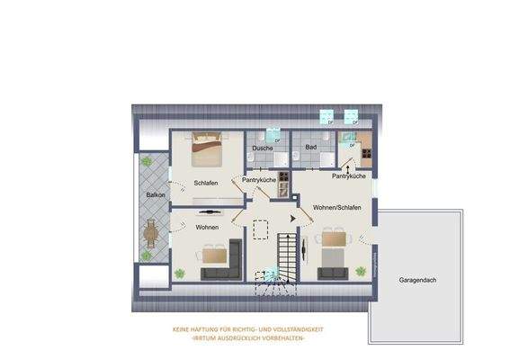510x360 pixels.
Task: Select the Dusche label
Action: pos(262,147)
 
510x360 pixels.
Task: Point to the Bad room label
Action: pos(311,147)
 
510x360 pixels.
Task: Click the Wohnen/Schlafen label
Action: pos(337,208)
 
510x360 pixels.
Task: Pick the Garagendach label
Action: pos(417,281)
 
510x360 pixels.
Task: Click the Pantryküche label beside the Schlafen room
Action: pos(258,180)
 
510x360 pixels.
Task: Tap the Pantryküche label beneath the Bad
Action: pos(348,176)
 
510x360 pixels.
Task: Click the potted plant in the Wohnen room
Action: pos(180,272)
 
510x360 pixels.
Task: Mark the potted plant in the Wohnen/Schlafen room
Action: pos(360,269)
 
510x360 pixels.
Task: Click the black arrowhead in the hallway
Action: pos(291,217)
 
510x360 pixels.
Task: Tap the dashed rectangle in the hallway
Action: pos(262,230)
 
